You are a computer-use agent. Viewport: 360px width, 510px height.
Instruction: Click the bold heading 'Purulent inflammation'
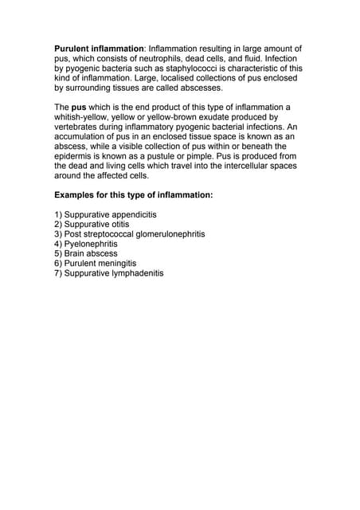click(x=100, y=49)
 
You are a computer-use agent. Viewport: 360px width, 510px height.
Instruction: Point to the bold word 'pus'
click(x=79, y=107)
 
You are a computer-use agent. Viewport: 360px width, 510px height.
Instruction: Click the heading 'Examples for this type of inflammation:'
click(x=133, y=195)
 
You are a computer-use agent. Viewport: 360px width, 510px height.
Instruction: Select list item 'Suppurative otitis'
click(x=96, y=225)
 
